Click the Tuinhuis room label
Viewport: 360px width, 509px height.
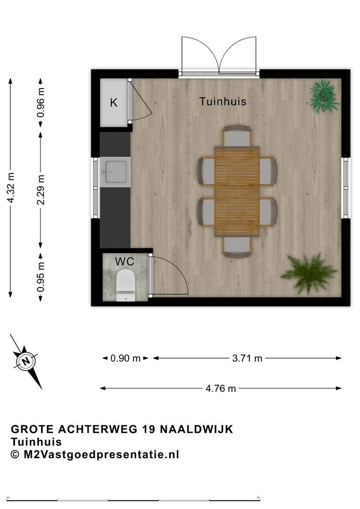(x=222, y=101)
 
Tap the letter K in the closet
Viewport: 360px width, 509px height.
(x=114, y=103)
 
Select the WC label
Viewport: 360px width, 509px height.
(x=125, y=260)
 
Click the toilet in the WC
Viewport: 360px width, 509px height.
(x=125, y=286)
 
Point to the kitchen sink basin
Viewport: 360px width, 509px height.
(x=115, y=171)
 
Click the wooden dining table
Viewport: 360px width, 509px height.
(x=237, y=190)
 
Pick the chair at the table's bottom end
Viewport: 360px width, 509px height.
(x=237, y=246)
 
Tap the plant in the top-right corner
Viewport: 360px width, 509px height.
(x=325, y=96)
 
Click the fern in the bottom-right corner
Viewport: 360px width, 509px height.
(x=310, y=274)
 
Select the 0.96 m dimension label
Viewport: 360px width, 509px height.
(x=41, y=102)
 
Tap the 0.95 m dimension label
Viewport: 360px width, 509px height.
(x=41, y=277)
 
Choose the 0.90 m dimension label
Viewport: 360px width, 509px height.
(x=125, y=358)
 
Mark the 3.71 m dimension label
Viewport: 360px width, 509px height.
(x=247, y=358)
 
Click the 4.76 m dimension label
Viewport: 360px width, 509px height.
(x=221, y=388)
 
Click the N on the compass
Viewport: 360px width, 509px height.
(x=25, y=361)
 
